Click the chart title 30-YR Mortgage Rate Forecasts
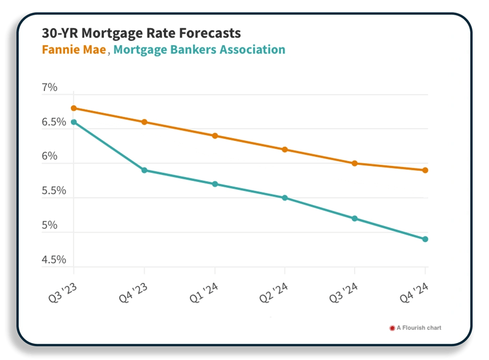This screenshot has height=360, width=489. pos(141,34)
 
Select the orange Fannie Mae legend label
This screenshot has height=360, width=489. pos(74,50)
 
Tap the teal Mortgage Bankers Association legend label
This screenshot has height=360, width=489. pos(199,50)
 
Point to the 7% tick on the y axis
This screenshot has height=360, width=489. pos(49,88)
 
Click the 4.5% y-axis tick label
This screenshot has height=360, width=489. pos(54,260)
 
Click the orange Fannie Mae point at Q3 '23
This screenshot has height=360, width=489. pos(74,108)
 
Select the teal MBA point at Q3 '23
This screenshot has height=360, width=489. pos(74,122)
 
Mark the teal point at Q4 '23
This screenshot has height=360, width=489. pos(144,170)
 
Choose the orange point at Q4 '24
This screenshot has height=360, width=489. pos(425,170)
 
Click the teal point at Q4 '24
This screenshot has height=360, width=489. pos(425,239)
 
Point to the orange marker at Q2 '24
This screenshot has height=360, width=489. pos(285,150)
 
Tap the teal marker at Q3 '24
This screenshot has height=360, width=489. pos(355,219)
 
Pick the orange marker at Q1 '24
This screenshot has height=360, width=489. pos(215,136)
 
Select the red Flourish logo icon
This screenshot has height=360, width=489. pos(391,328)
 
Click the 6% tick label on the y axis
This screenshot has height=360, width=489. pos(49,157)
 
